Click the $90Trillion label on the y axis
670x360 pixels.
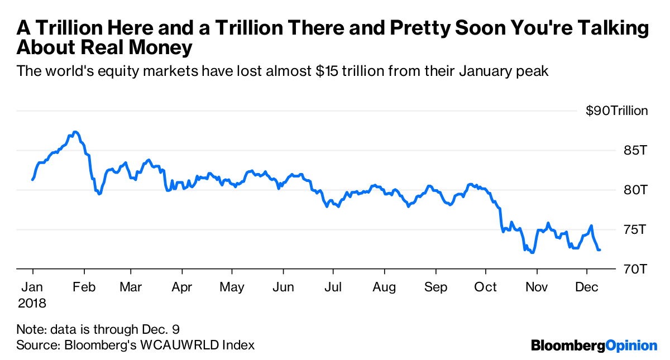(x=616, y=111)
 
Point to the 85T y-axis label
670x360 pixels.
(x=635, y=151)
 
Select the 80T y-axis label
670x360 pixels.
(x=635, y=190)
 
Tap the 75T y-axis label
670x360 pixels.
(x=635, y=230)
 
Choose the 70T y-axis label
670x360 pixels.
(x=635, y=270)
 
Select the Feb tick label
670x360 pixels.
(x=84, y=287)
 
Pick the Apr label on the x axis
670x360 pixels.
(x=182, y=287)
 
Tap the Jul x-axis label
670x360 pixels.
(x=333, y=287)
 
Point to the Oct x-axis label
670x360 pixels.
(x=485, y=287)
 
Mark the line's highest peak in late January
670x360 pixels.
(x=76, y=132)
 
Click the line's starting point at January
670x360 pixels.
(x=32, y=180)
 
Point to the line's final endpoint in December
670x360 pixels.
(x=600, y=249)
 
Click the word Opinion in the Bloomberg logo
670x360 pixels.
(x=631, y=345)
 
